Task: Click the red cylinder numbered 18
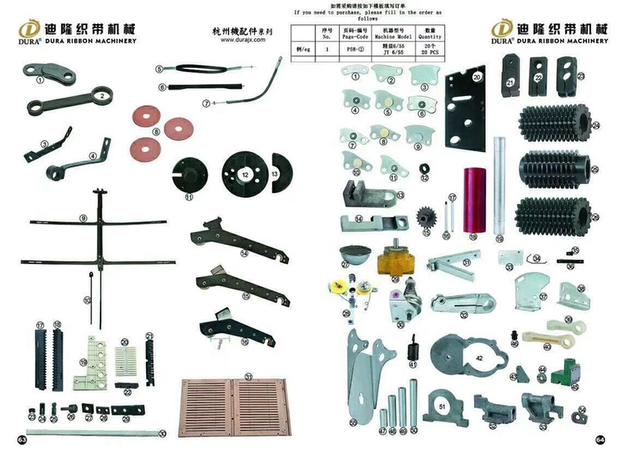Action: click(475, 203)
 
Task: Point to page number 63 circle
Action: click(23, 439)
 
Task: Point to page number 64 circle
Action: click(600, 439)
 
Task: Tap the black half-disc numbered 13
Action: click(277, 173)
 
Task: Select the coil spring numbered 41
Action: click(413, 350)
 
